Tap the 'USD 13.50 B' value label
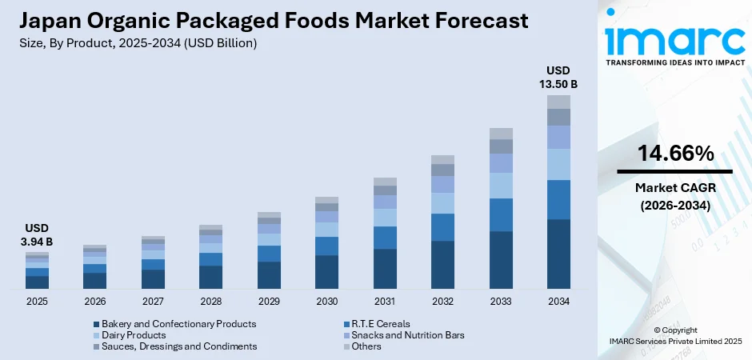[558, 76]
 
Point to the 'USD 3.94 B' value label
[37, 234]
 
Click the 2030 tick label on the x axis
[326, 302]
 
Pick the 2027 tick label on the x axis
[153, 302]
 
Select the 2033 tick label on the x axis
[501, 302]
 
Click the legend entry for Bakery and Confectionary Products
[178, 324]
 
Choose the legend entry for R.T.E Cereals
[380, 324]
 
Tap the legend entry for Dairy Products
[134, 335]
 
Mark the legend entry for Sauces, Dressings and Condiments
[179, 346]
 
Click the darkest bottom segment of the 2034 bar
[558, 254]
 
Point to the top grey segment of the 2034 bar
[558, 102]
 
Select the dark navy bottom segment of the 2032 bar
[442, 264]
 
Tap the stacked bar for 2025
[37, 270]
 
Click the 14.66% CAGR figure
[674, 154]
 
